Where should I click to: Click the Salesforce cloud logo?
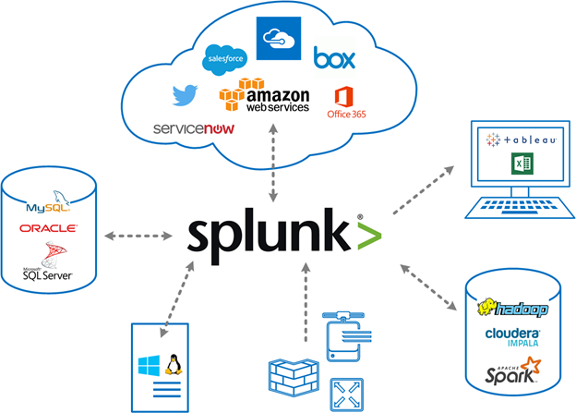pyautogui.click(x=225, y=57)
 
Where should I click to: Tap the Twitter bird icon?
pyautogui.click(x=186, y=94)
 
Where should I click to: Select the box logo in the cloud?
pyautogui.click(x=334, y=57)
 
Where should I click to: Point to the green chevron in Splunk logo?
pyautogui.click(x=367, y=237)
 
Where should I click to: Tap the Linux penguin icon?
pyautogui.click(x=173, y=363)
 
